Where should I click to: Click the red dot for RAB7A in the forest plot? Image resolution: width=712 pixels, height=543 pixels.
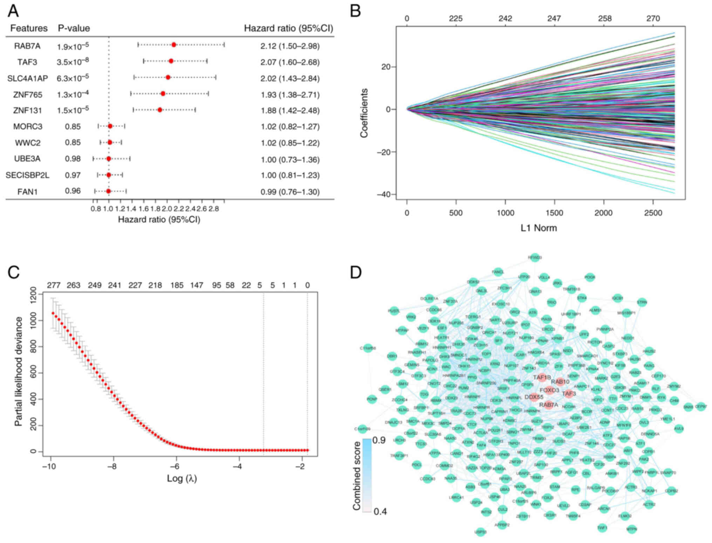174,44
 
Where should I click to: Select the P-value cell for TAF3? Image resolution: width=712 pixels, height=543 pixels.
73,62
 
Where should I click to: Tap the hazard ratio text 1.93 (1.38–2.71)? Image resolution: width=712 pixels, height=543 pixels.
290,95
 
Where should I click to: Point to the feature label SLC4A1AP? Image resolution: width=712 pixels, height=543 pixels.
28,78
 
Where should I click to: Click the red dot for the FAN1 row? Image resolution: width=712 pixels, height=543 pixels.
108,191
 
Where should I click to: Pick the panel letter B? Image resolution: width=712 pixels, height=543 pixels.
356,11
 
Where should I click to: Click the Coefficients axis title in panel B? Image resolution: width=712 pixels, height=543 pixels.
364,113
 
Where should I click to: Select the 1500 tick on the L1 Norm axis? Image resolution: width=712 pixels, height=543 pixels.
554,213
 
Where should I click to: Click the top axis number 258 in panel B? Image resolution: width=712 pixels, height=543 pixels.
605,19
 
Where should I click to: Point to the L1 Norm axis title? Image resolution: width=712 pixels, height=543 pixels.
539,228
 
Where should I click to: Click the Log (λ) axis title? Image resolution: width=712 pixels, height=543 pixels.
182,478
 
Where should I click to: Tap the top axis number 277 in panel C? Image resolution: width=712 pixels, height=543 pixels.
53,285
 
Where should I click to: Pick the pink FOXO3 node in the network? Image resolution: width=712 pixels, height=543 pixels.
549,390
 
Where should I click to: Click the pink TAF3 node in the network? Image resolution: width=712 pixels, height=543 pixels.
569,393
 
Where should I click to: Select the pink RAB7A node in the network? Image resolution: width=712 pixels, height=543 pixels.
549,405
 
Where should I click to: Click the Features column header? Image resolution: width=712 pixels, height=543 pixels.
29,28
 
